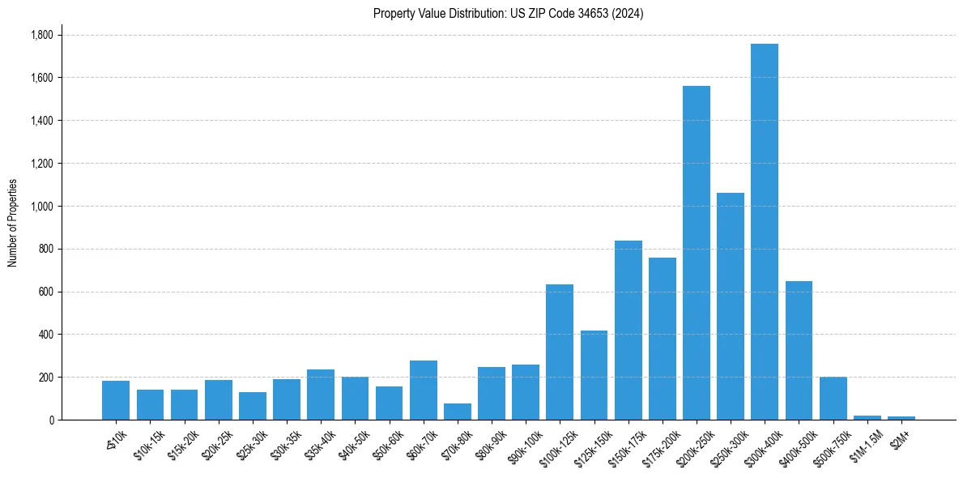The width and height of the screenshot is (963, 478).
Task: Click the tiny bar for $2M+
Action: (901, 418)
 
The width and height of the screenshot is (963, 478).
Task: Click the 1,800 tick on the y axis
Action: (41, 35)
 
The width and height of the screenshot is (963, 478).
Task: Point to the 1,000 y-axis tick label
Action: (41, 206)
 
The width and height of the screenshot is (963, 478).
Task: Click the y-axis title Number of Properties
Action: (12, 222)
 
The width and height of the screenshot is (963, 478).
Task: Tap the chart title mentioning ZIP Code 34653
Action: (508, 14)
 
